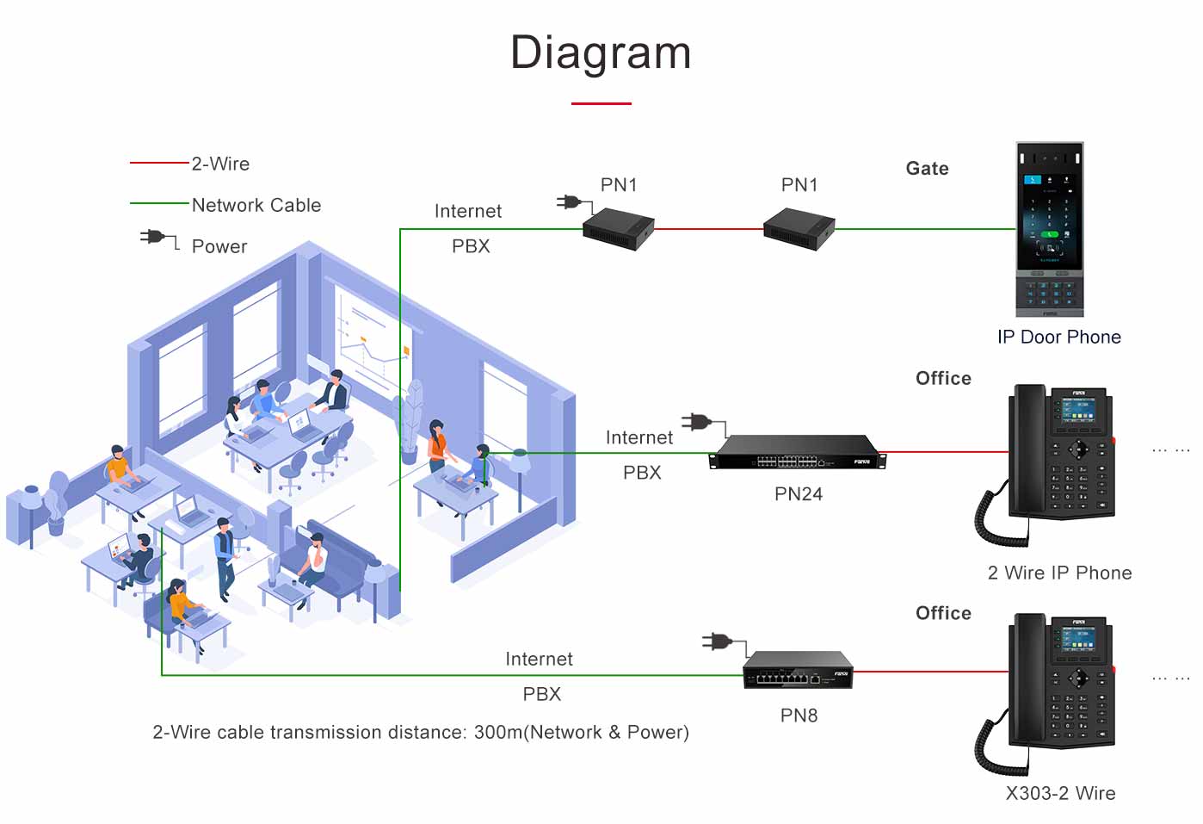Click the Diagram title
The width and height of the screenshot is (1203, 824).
tap(601, 53)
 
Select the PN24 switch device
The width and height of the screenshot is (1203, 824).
tap(797, 451)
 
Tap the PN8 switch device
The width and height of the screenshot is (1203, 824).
tap(798, 670)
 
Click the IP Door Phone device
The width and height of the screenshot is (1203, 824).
tap(1050, 229)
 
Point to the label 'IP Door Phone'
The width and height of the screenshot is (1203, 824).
tap(1058, 337)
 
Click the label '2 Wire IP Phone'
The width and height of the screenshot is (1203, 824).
tap(1059, 573)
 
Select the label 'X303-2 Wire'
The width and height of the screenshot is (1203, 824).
tap(1060, 793)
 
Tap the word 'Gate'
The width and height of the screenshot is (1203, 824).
tap(927, 169)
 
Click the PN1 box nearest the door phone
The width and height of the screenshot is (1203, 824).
tap(799, 228)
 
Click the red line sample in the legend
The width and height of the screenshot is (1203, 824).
tap(159, 162)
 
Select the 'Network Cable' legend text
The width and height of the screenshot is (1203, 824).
tap(256, 205)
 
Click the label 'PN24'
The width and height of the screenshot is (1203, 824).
tap(798, 494)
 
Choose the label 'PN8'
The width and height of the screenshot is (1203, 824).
tap(799, 716)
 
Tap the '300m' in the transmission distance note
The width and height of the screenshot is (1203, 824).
tap(498, 732)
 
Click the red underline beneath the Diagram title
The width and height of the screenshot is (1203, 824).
tap(601, 103)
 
